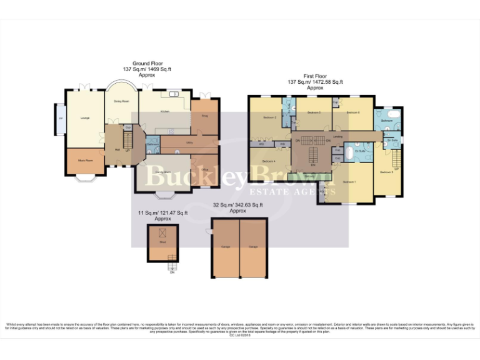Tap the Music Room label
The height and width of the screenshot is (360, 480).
pos(86,161)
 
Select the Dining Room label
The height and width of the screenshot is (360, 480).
pos(121,101)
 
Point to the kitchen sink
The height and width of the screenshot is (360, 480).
pos(171,95)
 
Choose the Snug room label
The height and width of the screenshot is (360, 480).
pos(204,116)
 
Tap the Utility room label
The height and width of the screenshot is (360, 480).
pos(189,142)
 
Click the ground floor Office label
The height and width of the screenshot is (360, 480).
pos(204,169)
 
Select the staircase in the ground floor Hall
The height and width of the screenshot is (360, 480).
pos(127,144)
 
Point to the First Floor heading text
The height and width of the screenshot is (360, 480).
pos(315,77)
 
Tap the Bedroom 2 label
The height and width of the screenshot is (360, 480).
pos(269,117)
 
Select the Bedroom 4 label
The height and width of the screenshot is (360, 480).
pos(269,161)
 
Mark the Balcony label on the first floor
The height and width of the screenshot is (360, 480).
pos(310,176)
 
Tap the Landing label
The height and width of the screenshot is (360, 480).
pos(337,137)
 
